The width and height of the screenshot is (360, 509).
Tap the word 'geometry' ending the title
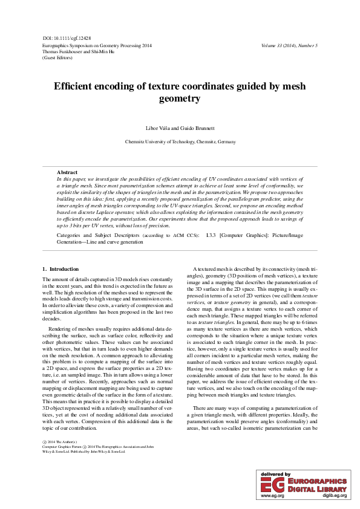179,98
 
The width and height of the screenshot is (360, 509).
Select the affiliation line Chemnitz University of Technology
180,141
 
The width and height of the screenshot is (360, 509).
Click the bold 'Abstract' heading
67,173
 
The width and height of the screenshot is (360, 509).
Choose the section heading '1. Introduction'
61,268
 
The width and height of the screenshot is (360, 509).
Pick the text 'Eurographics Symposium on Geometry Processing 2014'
97,45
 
